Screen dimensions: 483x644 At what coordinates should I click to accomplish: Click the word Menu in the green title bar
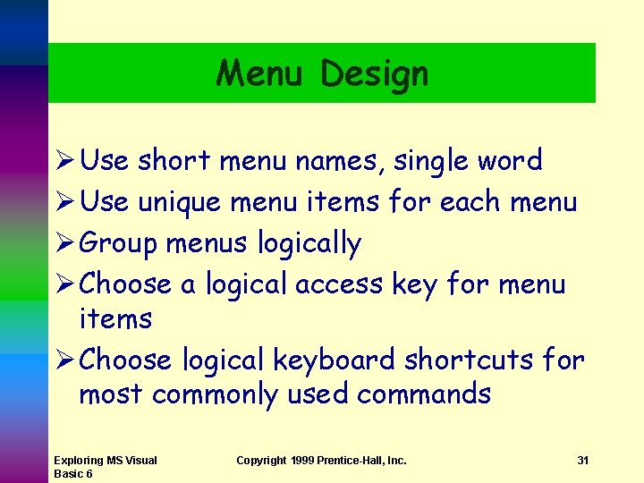(x=264, y=72)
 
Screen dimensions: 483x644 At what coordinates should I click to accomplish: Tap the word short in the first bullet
(x=174, y=161)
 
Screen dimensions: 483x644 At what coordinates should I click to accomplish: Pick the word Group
(x=119, y=244)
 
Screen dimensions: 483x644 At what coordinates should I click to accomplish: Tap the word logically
(x=309, y=244)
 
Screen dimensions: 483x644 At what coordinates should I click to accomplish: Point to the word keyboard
(x=334, y=360)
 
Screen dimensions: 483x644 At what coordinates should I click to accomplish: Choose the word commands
(x=423, y=394)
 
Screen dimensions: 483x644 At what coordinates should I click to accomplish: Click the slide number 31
(x=582, y=461)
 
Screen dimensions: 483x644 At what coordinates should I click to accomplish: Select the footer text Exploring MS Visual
(x=105, y=461)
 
